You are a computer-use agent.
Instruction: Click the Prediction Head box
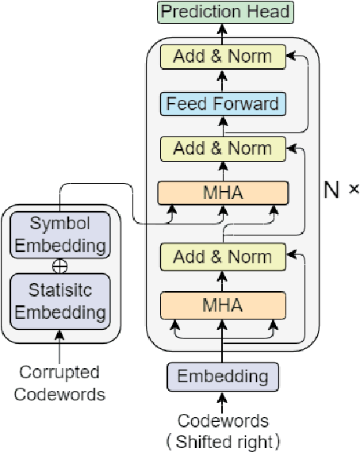(224, 12)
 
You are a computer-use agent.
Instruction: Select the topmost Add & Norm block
(223, 56)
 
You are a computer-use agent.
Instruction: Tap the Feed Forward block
(223, 103)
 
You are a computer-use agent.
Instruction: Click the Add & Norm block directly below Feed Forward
(223, 148)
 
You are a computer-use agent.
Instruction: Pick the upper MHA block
(223, 193)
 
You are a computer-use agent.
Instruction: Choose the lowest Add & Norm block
(223, 257)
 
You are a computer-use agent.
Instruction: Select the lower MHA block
(223, 305)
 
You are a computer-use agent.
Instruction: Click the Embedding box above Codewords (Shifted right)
(223, 376)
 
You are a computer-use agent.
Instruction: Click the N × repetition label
(342, 190)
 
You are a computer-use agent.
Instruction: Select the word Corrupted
(60, 372)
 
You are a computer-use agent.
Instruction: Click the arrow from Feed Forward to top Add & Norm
(223, 80)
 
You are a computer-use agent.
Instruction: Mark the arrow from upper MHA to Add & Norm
(223, 170)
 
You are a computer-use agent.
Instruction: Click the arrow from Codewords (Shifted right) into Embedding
(223, 403)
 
